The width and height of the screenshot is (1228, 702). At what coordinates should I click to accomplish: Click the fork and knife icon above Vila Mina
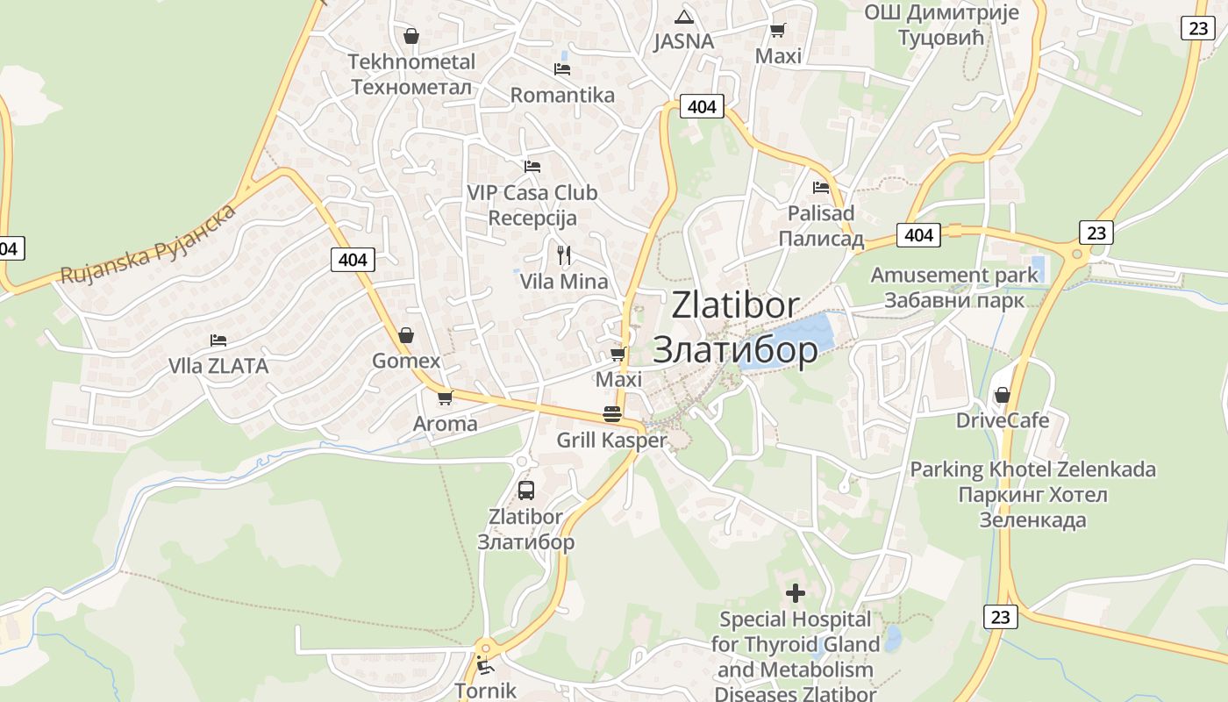pyautogui.click(x=564, y=255)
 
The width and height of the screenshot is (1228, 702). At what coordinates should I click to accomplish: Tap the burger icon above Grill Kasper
pyautogui.click(x=612, y=414)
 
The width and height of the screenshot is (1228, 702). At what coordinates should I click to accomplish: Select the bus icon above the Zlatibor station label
pyautogui.click(x=526, y=491)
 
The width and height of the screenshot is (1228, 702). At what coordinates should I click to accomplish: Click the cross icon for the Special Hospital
pyautogui.click(x=796, y=593)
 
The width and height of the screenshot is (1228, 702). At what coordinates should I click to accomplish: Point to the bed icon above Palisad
pyautogui.click(x=821, y=187)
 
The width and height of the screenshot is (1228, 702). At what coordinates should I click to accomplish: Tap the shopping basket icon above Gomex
pyautogui.click(x=406, y=335)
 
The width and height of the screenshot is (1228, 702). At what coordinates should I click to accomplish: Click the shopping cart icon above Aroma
pyautogui.click(x=445, y=398)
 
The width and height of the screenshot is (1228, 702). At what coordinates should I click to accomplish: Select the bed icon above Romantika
pyautogui.click(x=562, y=68)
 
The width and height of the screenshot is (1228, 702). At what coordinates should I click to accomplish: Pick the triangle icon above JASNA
pyautogui.click(x=684, y=17)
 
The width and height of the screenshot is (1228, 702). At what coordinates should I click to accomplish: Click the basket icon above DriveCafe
pyautogui.click(x=1003, y=395)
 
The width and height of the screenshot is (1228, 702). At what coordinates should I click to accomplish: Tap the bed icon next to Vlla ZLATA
pyautogui.click(x=218, y=340)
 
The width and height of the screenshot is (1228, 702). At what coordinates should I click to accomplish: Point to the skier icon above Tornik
pyautogui.click(x=484, y=664)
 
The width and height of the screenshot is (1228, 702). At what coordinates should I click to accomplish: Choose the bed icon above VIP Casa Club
pyautogui.click(x=532, y=166)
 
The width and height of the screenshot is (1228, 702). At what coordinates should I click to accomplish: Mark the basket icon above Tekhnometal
pyautogui.click(x=411, y=36)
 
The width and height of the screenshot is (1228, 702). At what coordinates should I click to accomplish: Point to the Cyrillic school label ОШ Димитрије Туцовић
pyautogui.click(x=941, y=25)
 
